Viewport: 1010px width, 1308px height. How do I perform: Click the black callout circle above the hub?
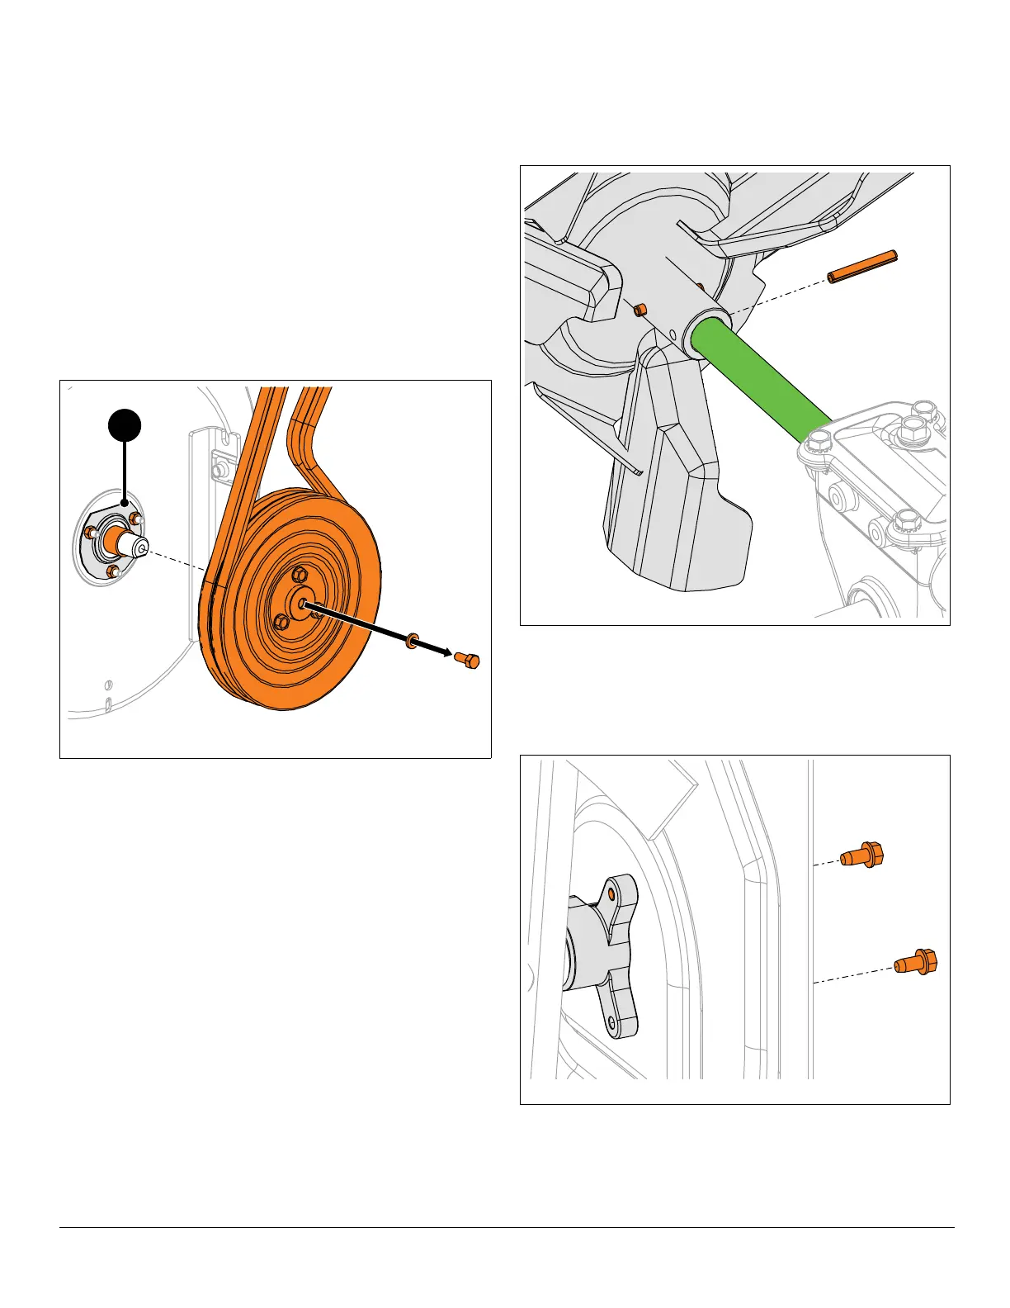[125, 426]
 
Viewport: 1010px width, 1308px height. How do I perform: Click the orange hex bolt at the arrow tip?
[467, 661]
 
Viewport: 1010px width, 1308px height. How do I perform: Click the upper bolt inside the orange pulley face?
[300, 575]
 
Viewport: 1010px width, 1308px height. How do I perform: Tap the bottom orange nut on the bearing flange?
[113, 571]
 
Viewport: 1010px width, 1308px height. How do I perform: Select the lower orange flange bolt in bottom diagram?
[916, 962]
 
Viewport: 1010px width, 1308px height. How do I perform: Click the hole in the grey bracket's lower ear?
[611, 1021]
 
